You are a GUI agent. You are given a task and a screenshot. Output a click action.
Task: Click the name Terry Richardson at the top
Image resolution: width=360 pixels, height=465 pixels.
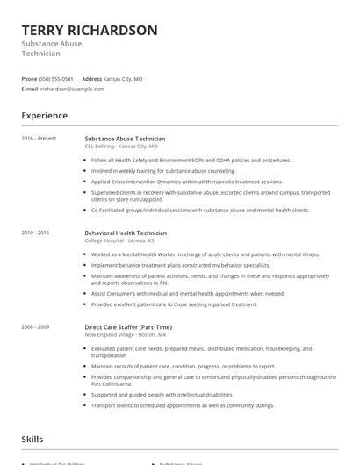(x=90, y=31)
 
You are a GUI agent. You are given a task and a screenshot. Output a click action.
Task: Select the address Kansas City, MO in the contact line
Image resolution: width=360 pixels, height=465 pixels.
(x=123, y=78)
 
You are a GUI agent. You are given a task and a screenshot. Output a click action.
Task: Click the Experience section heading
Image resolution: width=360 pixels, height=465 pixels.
(x=44, y=115)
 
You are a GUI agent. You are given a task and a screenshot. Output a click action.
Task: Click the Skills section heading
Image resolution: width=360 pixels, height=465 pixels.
(x=33, y=438)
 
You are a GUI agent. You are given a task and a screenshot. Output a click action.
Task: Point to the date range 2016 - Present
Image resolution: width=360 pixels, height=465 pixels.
(x=38, y=139)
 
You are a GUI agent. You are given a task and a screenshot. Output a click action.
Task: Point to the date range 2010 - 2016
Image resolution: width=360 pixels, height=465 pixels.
(x=36, y=232)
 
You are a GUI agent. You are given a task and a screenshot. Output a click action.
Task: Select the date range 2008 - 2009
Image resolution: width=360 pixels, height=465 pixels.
(x=36, y=326)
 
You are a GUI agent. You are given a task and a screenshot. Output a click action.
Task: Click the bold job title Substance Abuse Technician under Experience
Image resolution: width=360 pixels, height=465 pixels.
(x=125, y=139)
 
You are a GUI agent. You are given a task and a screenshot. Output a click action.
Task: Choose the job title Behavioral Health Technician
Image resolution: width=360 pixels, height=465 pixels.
(x=126, y=232)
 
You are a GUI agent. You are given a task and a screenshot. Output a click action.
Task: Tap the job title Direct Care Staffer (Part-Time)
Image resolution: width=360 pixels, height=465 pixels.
(x=128, y=326)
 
